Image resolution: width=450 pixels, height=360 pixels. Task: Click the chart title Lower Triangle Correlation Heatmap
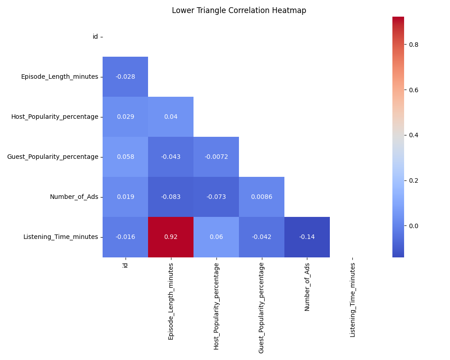[239, 10]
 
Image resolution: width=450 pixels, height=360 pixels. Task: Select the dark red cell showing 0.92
[171, 237]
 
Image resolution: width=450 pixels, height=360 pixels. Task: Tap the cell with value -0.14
[307, 237]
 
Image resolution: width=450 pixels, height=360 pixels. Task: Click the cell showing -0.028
[125, 76]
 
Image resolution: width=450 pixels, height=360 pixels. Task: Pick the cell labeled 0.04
[171, 117]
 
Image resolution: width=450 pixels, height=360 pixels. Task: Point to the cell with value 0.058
[125, 157]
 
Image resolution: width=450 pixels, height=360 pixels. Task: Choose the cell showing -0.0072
[216, 157]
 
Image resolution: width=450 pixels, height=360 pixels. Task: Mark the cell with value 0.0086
[261, 197]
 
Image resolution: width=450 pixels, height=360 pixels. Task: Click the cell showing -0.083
[171, 197]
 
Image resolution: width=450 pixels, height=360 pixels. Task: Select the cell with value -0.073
[216, 197]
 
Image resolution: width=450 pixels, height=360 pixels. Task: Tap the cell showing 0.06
[216, 237]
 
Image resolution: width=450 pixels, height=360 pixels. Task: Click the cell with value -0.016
[125, 237]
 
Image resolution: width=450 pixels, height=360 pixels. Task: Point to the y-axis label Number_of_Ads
[74, 197]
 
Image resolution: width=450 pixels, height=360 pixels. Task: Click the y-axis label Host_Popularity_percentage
[54, 117]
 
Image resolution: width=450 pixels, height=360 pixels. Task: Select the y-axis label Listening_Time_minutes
[60, 237]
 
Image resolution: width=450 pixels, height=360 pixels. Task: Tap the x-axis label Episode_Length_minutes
[171, 301]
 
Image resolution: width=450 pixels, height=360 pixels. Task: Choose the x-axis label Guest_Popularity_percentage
[261, 308]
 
